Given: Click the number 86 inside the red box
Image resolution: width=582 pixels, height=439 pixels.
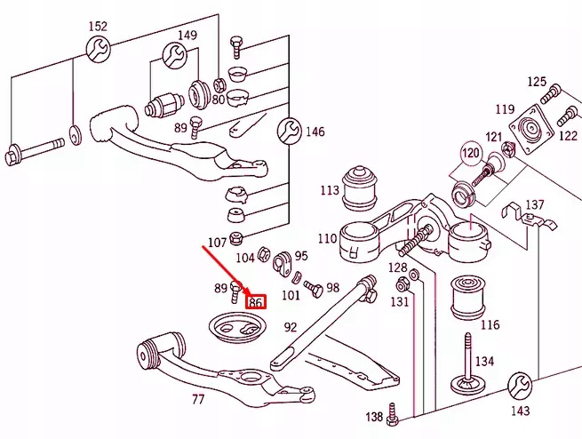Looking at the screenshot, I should click(256, 302).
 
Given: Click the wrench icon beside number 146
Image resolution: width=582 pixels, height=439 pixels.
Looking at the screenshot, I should click(286, 132).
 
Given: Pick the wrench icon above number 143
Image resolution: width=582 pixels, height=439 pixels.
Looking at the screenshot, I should click(520, 386).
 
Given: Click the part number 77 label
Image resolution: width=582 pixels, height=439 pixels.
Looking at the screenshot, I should click(198, 400).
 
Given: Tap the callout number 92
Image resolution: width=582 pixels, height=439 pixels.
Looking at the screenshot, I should click(290, 327).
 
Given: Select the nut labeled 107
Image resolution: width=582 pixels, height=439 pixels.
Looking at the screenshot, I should click(236, 238).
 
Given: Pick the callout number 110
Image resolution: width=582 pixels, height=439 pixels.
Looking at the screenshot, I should click(326, 238).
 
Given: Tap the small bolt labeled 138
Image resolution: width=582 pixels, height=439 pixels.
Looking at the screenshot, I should click(395, 418).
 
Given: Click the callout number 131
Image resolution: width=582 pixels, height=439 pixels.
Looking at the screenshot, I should click(400, 302).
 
